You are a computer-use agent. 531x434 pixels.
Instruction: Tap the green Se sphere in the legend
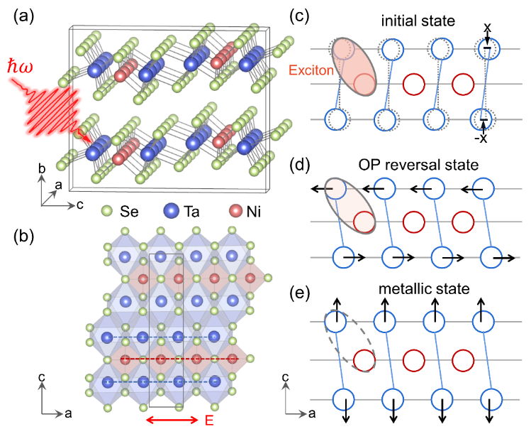point(107,211)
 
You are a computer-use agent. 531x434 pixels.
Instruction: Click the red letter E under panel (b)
point(209,421)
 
